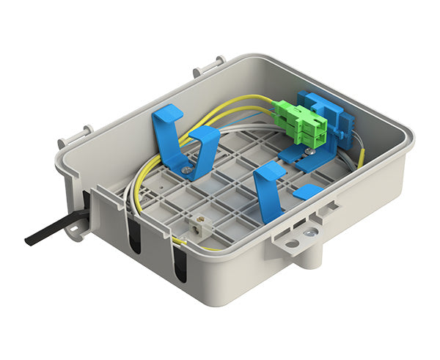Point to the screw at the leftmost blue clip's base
point(190,171)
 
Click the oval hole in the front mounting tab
point(291,243)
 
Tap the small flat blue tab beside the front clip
point(307,192)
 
